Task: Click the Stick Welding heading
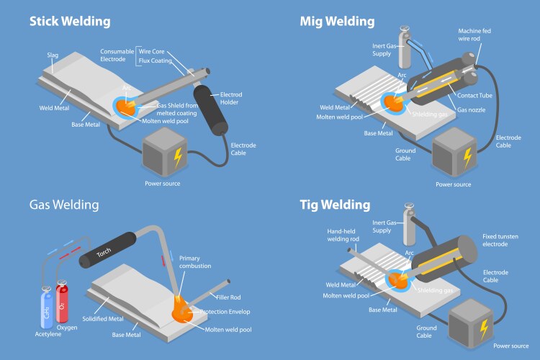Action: tap(70, 21)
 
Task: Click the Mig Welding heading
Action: tap(337, 21)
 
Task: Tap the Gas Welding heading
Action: tap(63, 205)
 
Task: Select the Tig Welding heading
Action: tap(335, 205)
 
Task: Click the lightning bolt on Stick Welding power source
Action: tap(177, 158)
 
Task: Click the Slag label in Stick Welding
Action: tap(53, 55)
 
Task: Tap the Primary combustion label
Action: tap(194, 262)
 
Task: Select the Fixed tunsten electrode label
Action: tap(498, 240)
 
